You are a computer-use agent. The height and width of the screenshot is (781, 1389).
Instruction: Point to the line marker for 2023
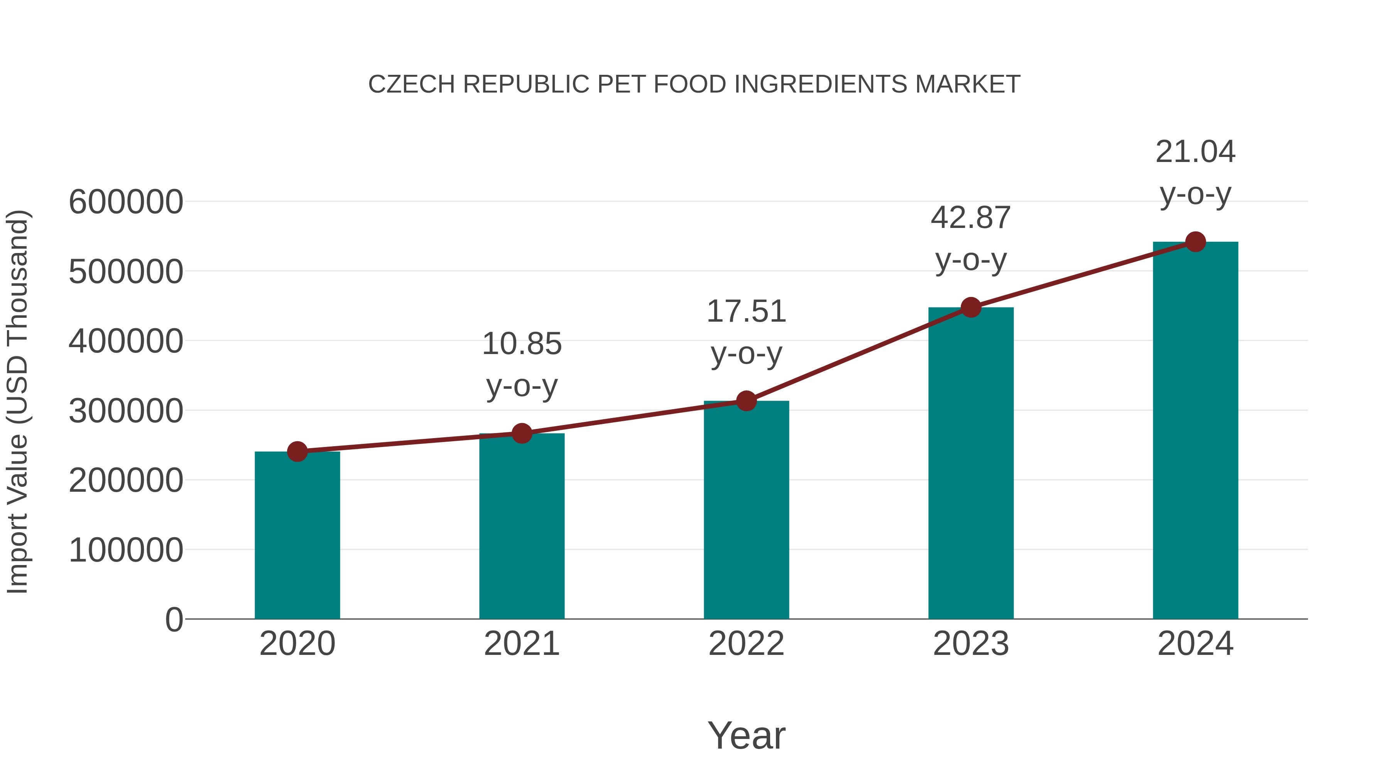(x=971, y=307)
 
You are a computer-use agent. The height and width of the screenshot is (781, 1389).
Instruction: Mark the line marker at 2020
(x=297, y=451)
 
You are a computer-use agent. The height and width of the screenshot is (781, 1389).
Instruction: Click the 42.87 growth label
(x=971, y=218)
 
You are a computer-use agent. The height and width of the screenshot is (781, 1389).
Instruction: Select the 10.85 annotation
(x=521, y=344)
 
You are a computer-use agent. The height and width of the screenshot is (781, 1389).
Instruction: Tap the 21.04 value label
(x=1195, y=152)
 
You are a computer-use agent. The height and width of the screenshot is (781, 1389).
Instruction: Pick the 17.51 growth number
(x=746, y=312)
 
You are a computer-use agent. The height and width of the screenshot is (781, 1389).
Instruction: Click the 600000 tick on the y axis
(x=126, y=202)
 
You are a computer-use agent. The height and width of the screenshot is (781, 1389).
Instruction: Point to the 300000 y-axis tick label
(x=126, y=411)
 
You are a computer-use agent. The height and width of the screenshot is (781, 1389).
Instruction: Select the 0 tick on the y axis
(x=174, y=619)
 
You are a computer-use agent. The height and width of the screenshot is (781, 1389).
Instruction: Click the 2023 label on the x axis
(x=971, y=644)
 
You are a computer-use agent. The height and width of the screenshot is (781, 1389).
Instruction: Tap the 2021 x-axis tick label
(x=521, y=644)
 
